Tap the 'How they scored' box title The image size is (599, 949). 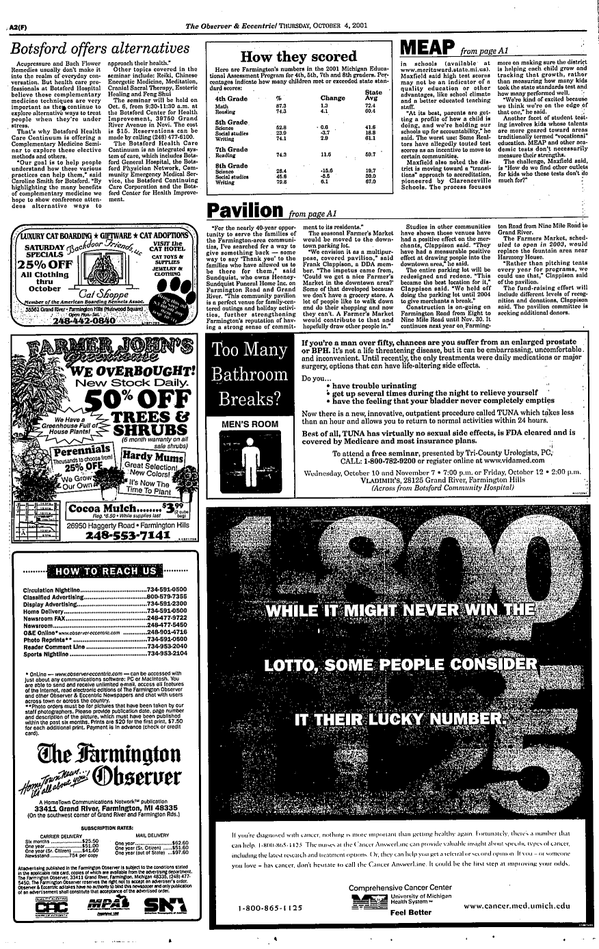[x=294, y=57]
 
